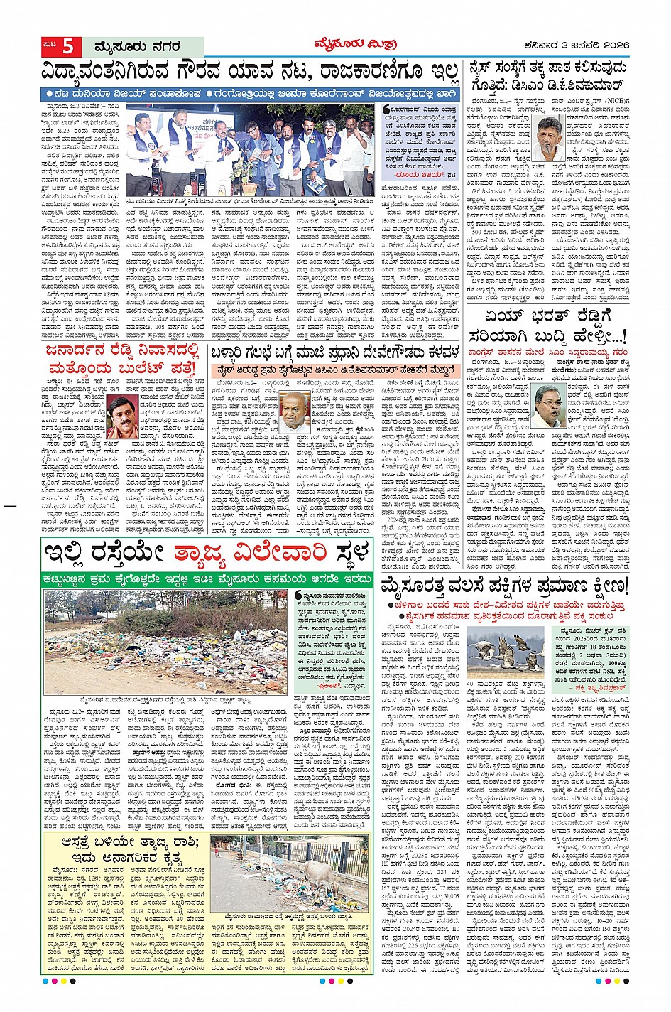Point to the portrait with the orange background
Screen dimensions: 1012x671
pos(120,418)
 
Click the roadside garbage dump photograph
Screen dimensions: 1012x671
pos(165,650)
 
